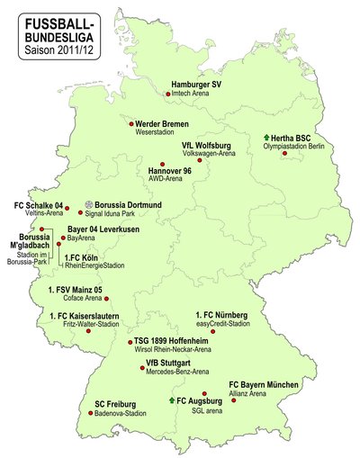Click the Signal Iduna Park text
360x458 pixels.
point(121,215)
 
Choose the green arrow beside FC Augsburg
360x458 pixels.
point(172,398)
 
